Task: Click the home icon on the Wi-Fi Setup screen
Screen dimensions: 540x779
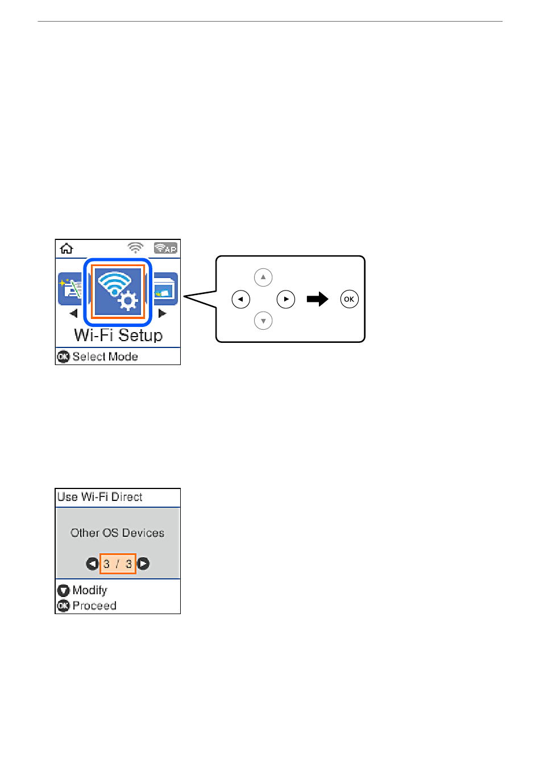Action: click(x=66, y=248)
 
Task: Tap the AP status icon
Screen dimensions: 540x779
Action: click(x=165, y=248)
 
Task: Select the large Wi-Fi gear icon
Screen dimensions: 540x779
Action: click(x=118, y=292)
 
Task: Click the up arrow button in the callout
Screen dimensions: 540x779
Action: click(x=263, y=277)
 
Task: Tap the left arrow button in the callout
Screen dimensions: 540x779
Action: click(x=240, y=299)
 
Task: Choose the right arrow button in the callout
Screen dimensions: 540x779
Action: click(x=286, y=299)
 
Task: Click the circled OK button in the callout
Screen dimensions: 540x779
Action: click(x=349, y=299)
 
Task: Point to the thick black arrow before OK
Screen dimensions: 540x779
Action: click(x=317, y=299)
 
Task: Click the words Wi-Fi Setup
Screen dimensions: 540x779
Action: click(x=118, y=335)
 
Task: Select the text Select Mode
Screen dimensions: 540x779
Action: click(x=105, y=357)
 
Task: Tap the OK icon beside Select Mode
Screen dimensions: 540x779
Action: click(x=63, y=357)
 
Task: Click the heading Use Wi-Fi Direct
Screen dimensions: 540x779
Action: click(x=100, y=497)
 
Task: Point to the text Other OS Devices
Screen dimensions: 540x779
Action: click(x=117, y=533)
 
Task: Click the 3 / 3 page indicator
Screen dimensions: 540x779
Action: click(x=118, y=563)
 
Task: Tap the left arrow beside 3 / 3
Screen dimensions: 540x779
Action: click(x=92, y=563)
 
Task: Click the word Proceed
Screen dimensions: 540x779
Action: click(x=94, y=606)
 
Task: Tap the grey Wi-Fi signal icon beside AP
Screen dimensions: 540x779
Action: click(x=135, y=248)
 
